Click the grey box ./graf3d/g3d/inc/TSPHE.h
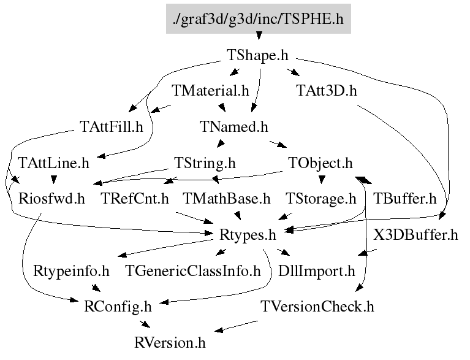(259, 18)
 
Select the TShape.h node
(257, 55)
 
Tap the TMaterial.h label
(210, 91)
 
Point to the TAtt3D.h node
(327, 91)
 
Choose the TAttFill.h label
(111, 126)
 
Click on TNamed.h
(234, 126)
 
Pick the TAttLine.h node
(54, 163)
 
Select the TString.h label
(205, 163)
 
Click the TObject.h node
(320, 163)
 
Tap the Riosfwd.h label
(51, 199)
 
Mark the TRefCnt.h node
(135, 199)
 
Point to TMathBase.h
(227, 199)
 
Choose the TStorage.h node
(320, 199)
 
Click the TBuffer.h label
(404, 199)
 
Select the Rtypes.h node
(248, 236)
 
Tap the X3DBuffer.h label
(415, 235)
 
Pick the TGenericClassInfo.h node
(193, 270)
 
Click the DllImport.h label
(317, 271)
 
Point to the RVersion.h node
(170, 343)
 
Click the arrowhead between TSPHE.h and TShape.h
(259, 36)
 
